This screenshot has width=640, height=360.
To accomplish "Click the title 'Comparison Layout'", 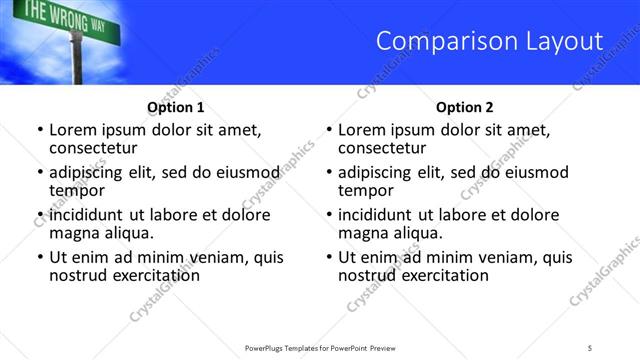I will coord(489,41).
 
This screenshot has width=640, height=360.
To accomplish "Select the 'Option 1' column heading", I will coord(175,107).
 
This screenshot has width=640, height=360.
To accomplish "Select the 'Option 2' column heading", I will coord(464,107).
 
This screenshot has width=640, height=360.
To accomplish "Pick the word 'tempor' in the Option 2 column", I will coord(365,191).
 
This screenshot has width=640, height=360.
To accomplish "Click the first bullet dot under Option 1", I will coord(39,130).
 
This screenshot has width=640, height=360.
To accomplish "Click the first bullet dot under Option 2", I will coord(328,130).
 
